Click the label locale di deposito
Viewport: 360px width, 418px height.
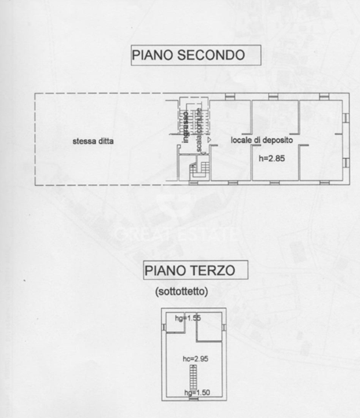(262, 140)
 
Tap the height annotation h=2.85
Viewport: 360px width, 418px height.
(272, 158)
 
